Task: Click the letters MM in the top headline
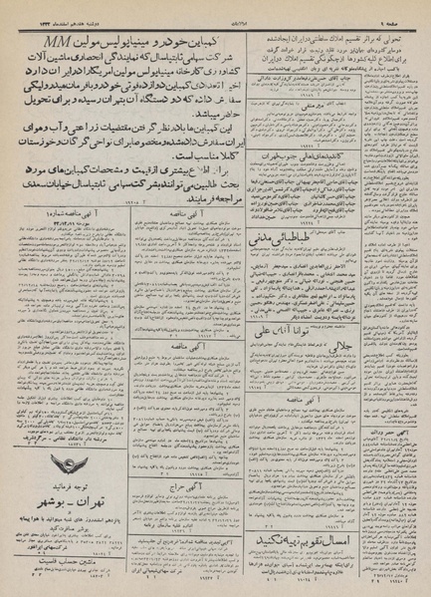tap(74, 43)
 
